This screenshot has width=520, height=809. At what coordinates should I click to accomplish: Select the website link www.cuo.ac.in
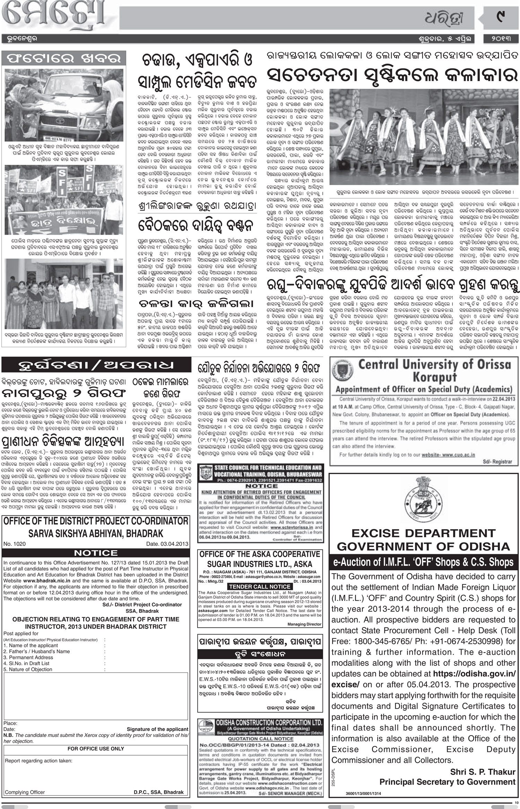click(448, 454)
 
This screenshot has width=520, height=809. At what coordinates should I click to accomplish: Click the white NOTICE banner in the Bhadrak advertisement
click(96, 553)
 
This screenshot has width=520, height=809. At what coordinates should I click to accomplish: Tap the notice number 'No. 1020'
click(15, 544)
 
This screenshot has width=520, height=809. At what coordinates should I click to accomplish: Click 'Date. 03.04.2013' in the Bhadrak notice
click(167, 544)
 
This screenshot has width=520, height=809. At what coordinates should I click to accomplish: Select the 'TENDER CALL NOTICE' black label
click(260, 586)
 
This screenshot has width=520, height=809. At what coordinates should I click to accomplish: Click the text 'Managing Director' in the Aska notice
click(304, 624)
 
